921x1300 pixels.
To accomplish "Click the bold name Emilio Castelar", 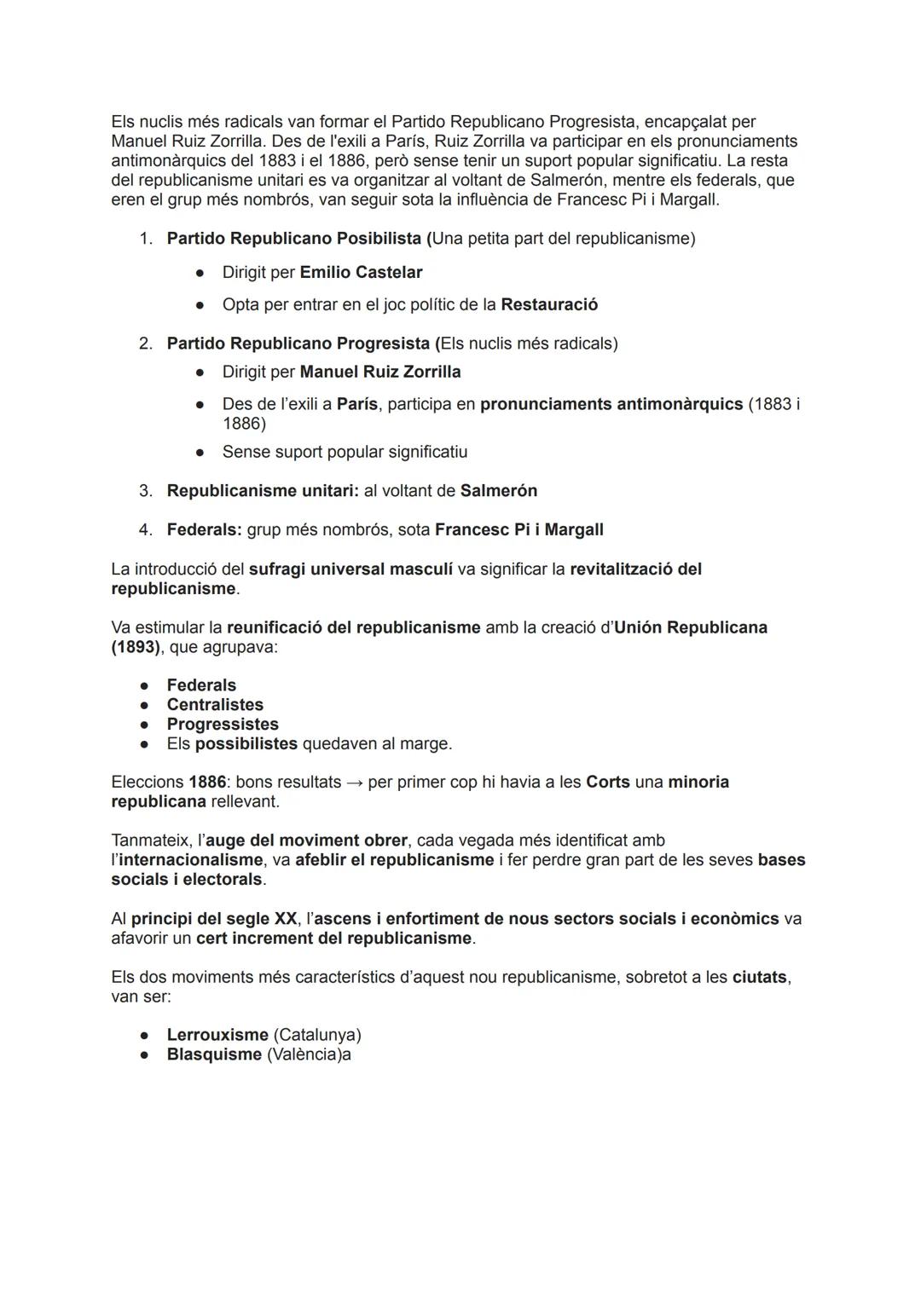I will pos(361,273).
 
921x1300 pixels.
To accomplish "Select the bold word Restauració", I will pos(549,305).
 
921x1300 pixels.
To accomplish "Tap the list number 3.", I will pos(145,491).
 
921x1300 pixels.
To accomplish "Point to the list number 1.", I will pos(145,239).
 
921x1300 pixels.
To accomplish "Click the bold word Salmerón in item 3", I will pos(499,491).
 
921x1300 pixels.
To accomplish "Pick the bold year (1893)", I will pos(136,647).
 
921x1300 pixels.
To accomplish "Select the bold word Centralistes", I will pos(215,705).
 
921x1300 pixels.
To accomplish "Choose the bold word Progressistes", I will pos(223,725).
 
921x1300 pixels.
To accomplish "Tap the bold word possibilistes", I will pos(246,744).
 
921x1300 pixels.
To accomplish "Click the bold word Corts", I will pos(608,783).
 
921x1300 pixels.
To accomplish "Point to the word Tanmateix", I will pos(149,841).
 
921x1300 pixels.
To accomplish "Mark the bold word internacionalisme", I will pos(191,860).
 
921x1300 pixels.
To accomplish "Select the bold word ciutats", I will pos(759,977).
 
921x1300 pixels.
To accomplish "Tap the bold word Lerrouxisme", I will pos(217,1035).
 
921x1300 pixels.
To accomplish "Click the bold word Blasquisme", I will pos(214,1054).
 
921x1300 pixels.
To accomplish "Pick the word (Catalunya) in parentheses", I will pos(317,1035).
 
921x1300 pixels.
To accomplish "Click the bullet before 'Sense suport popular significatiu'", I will pos(200,453).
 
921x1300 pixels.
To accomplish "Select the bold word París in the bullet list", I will pos(357,404).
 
